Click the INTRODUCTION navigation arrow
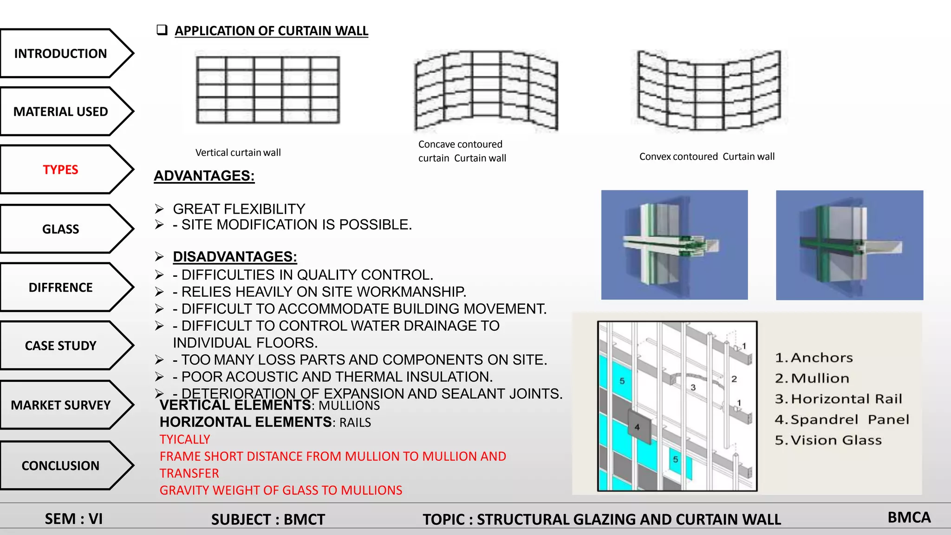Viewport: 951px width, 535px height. coord(60,53)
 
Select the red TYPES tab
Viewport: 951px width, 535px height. coord(60,170)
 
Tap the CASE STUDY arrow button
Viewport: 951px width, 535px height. coord(60,346)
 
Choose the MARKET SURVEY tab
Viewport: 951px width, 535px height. coord(60,405)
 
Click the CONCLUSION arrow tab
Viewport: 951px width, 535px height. coord(60,465)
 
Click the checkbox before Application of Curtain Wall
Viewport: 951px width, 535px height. coord(162,30)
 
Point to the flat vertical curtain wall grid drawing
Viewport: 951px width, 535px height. coord(268,90)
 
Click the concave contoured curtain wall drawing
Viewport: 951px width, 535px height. coord(486,91)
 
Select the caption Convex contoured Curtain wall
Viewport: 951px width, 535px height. coord(706,157)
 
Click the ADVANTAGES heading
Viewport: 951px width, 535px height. coord(204,176)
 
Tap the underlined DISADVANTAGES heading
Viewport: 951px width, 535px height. coord(234,257)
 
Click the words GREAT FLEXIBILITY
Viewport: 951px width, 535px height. coord(239,209)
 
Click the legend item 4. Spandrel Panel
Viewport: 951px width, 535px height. coord(841,419)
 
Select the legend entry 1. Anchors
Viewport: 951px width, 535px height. coord(814,358)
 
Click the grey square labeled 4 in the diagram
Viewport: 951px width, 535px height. coord(637,426)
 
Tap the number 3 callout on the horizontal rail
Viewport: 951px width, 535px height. coord(693,387)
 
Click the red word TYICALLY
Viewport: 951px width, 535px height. coord(185,439)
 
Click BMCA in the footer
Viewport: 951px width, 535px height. coord(909,517)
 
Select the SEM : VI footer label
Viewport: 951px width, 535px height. coord(73,519)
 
